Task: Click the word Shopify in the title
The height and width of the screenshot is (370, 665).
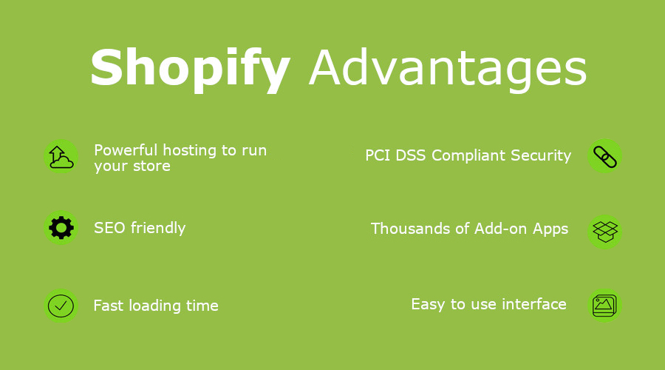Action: (x=191, y=70)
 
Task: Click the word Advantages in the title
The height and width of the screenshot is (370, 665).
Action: (x=448, y=68)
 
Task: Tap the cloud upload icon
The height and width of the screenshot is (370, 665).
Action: (x=61, y=157)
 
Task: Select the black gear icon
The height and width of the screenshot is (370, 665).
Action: (x=61, y=228)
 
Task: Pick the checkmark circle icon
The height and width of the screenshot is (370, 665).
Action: (x=61, y=306)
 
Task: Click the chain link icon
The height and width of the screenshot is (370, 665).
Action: (x=604, y=157)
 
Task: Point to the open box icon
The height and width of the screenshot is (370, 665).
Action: (x=605, y=232)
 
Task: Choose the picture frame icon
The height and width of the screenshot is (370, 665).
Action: (x=604, y=306)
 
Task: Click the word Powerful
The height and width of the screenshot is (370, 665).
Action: (x=126, y=150)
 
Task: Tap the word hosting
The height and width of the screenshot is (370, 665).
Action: (x=190, y=151)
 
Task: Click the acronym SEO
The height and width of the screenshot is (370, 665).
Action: (x=109, y=228)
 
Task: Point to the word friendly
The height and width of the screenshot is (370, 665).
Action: (x=158, y=229)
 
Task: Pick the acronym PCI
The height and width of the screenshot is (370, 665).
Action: (x=378, y=155)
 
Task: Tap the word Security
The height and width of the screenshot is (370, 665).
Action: (x=541, y=156)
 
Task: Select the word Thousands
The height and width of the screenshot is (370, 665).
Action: (x=410, y=229)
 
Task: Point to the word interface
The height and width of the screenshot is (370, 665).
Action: (x=534, y=304)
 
